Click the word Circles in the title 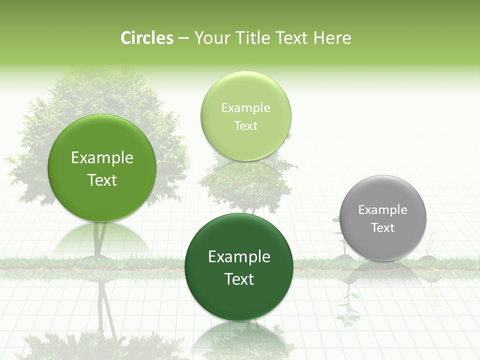[147, 38]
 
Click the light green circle [245, 116]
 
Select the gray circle [383, 218]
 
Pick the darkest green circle [239, 266]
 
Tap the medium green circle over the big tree [101, 168]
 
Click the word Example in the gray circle [383, 210]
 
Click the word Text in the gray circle [383, 228]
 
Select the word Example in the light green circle [245, 108]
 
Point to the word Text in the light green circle [245, 126]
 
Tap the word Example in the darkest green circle [239, 257]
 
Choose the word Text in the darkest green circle [239, 279]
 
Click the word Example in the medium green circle [102, 158]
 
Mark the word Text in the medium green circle [102, 180]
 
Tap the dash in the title [183, 38]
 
